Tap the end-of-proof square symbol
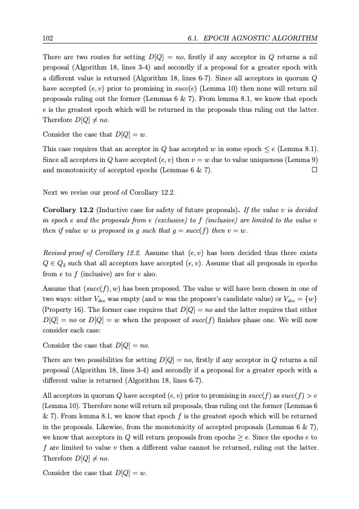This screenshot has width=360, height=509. coord(313,171)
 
